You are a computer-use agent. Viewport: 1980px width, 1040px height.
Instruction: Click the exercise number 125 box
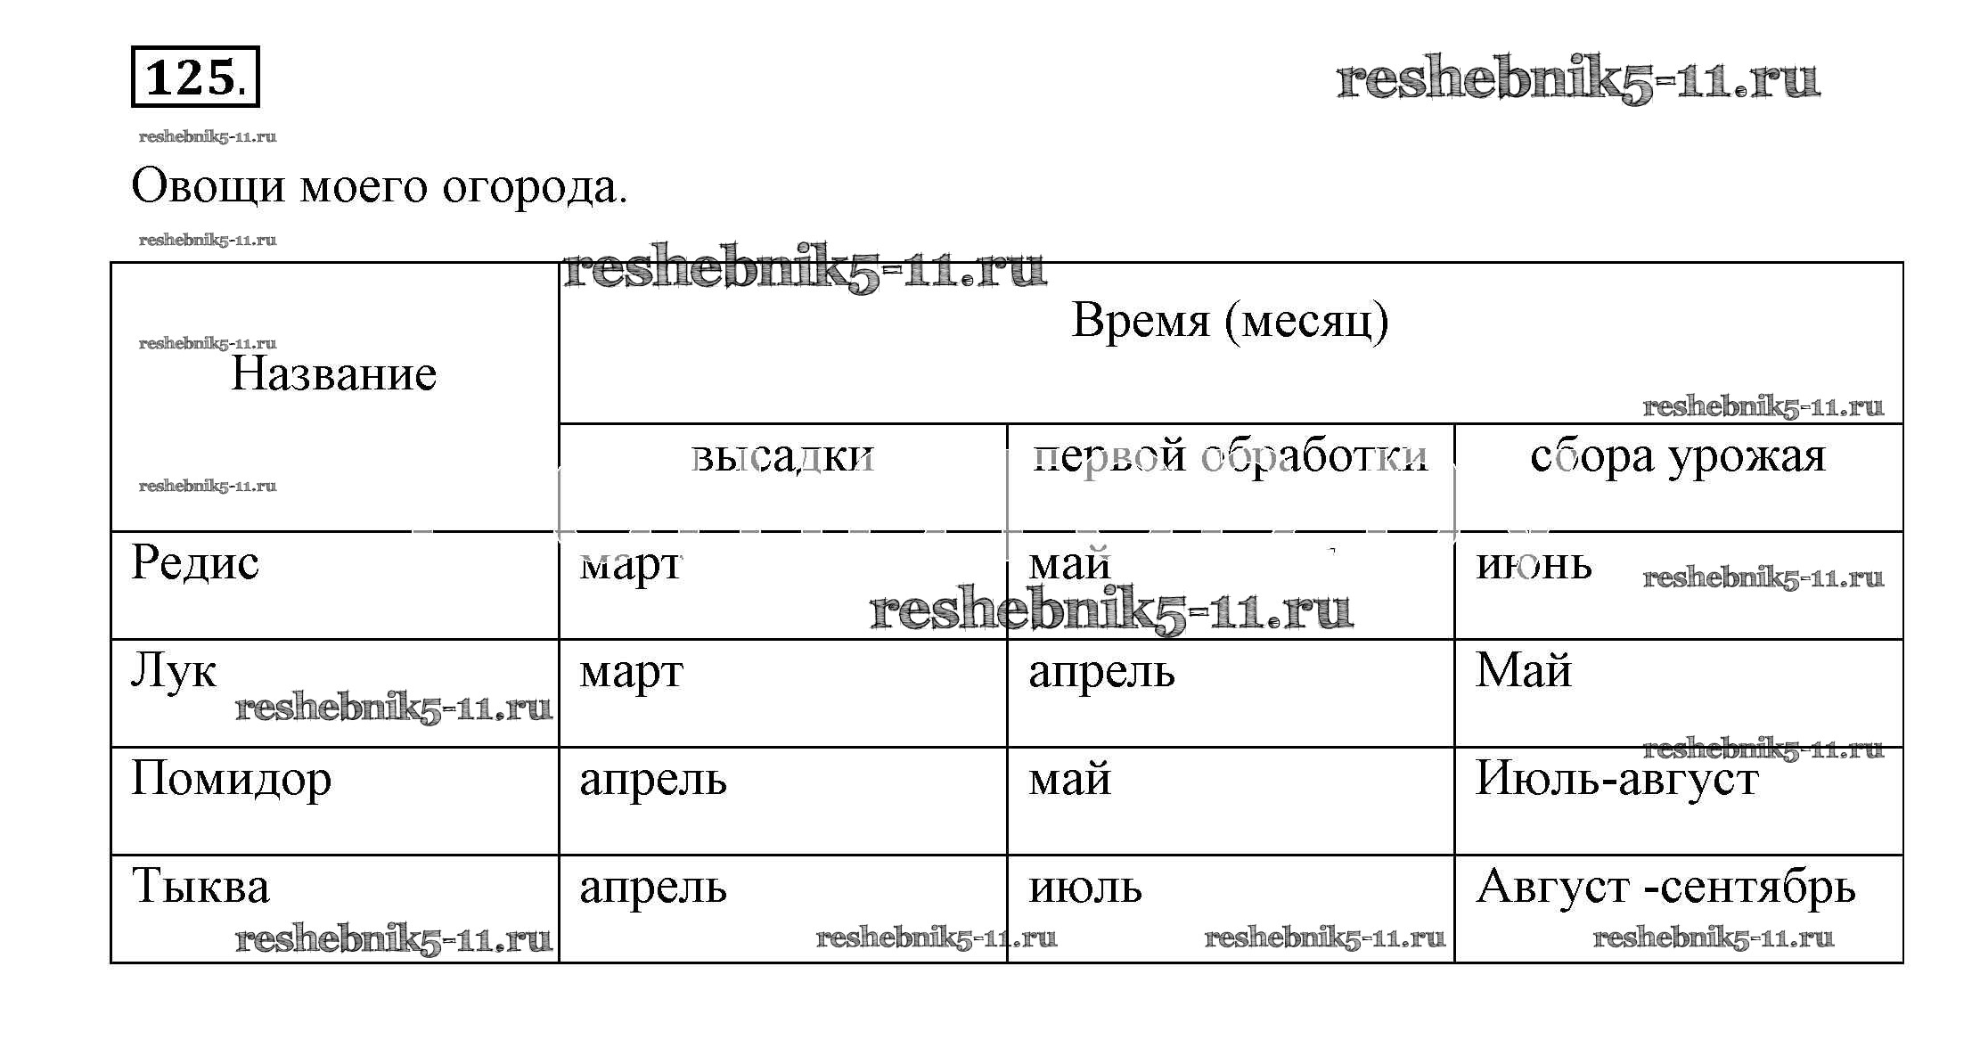(x=195, y=77)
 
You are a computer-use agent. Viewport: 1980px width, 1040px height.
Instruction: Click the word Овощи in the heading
(x=209, y=187)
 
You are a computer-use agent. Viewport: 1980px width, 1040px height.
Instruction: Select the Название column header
(x=334, y=373)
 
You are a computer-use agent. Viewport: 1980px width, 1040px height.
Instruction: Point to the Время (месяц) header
(x=1230, y=320)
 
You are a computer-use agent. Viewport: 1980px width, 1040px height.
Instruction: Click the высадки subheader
(x=783, y=456)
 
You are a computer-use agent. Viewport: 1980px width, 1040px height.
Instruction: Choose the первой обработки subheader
(x=1231, y=456)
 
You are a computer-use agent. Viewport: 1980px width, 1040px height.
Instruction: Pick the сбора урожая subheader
(x=1678, y=456)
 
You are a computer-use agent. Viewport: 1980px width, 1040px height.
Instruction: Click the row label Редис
(x=195, y=563)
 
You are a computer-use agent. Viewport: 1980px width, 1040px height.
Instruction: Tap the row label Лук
(x=174, y=670)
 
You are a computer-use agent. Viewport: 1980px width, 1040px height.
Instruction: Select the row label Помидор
(x=232, y=779)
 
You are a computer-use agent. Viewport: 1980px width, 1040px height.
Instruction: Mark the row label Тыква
(x=200, y=887)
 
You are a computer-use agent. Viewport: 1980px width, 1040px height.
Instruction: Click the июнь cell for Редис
(x=1534, y=564)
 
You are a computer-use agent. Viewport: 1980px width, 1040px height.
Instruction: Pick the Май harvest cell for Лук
(x=1524, y=670)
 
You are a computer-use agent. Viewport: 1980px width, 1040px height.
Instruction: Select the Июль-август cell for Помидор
(x=1617, y=779)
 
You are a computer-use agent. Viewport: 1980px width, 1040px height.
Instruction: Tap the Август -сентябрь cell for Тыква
(x=1666, y=887)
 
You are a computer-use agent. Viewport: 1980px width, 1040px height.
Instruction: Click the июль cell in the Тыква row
(x=1085, y=888)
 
